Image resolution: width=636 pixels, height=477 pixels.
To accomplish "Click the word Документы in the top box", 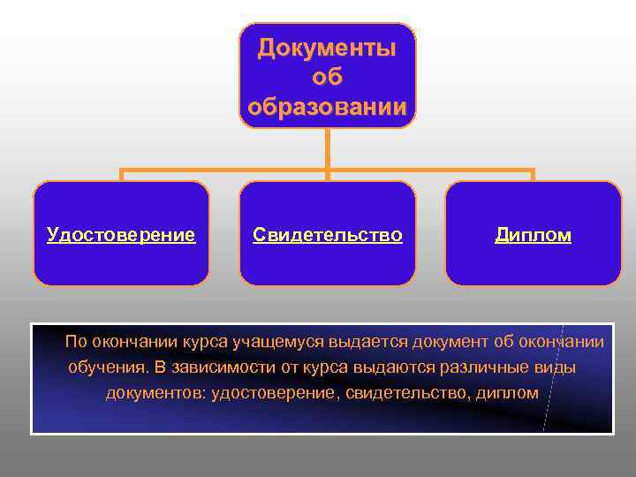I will tap(327, 49).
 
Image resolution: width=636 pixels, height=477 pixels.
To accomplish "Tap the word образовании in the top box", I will tap(327, 108).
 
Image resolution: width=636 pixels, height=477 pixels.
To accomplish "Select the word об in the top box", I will tap(327, 79).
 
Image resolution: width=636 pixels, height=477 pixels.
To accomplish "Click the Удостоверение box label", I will tap(121, 235).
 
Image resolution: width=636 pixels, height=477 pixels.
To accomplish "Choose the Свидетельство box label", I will tap(327, 235).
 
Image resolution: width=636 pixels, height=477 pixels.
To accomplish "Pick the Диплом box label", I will tap(533, 235).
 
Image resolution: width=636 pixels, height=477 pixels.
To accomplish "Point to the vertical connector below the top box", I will tap(327, 148).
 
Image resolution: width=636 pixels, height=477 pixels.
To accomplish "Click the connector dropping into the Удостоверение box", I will tap(122, 174).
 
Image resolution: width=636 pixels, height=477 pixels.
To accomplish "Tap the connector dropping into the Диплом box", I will tap(533, 174).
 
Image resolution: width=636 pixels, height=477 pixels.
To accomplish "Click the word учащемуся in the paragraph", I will tap(284, 342).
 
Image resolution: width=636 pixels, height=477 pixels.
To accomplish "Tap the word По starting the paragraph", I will tap(76, 342).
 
